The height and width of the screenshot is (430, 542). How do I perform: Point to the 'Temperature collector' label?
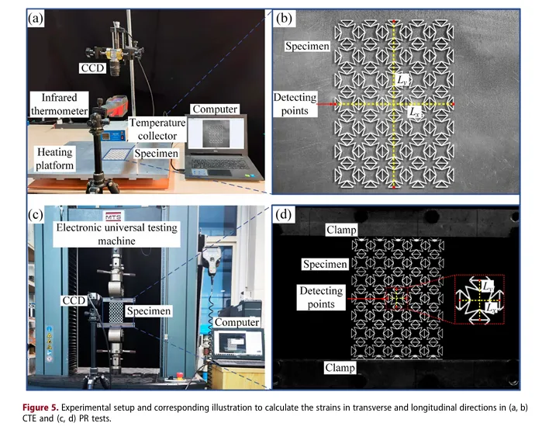tap(157, 130)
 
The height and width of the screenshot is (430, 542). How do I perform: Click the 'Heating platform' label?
tap(54, 160)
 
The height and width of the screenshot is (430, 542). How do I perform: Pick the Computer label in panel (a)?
tap(215, 109)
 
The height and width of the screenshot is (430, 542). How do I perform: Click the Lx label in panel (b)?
tap(415, 113)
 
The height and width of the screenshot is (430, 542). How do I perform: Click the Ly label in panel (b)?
tap(402, 78)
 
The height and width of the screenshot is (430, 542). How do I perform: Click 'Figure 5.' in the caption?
tap(50, 407)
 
